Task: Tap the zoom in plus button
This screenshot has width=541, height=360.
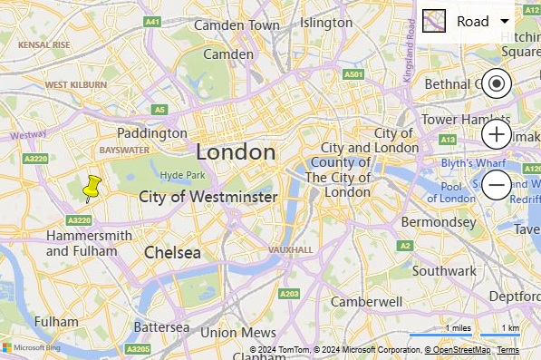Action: point(496,135)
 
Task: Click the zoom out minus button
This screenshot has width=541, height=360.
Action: point(496,185)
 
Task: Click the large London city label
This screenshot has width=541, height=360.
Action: point(236,151)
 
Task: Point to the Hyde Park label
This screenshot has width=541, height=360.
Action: point(184,175)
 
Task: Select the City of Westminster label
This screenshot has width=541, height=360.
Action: point(208,197)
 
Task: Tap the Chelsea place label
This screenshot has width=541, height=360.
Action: point(172,253)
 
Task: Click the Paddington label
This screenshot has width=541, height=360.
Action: point(152,133)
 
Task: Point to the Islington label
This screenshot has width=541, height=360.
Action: point(326,23)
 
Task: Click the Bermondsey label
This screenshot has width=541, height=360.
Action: point(439,222)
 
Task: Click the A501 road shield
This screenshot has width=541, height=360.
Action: point(354,73)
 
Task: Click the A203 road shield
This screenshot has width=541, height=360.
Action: point(289,294)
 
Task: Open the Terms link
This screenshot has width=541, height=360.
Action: point(507,350)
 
